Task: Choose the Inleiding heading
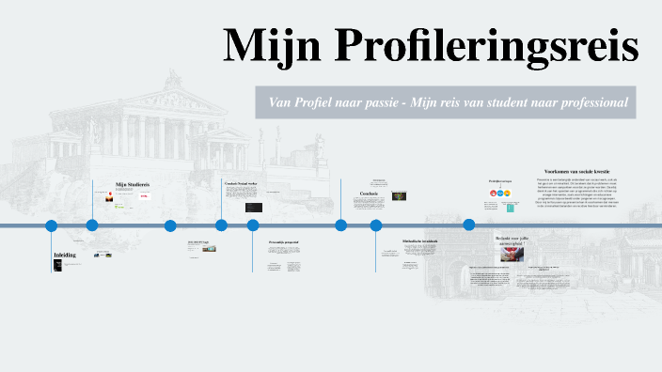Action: pyautogui.click(x=65, y=255)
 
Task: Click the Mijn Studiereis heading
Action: pyautogui.click(x=133, y=184)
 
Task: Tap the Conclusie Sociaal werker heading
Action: pyautogui.click(x=242, y=182)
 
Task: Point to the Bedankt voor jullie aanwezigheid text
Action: pyautogui.click(x=513, y=240)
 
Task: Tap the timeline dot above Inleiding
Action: pyautogui.click(x=52, y=225)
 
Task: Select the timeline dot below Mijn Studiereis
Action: pyautogui.click(x=92, y=225)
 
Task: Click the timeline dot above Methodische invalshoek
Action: pyautogui.click(x=376, y=225)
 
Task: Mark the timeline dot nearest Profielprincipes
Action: pyautogui.click(x=468, y=225)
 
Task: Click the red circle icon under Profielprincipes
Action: pyautogui.click(x=492, y=194)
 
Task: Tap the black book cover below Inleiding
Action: pyautogui.click(x=57, y=267)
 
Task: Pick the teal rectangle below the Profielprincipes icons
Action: pyautogui.click(x=509, y=207)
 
